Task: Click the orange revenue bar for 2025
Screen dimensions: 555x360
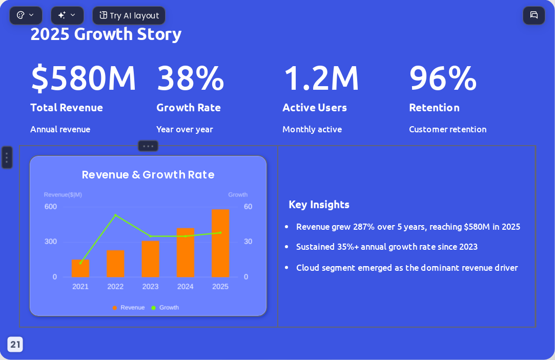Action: pyautogui.click(x=220, y=243)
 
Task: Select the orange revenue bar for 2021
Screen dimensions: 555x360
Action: pyautogui.click(x=80, y=268)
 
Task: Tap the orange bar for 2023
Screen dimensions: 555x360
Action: pyautogui.click(x=151, y=259)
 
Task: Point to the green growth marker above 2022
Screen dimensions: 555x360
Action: pyautogui.click(x=115, y=215)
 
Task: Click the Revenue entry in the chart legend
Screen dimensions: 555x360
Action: pyautogui.click(x=129, y=308)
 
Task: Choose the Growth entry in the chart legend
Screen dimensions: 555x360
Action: pyautogui.click(x=165, y=308)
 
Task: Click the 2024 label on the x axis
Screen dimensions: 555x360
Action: pyautogui.click(x=186, y=287)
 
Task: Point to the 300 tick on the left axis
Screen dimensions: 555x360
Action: pyautogui.click(x=51, y=242)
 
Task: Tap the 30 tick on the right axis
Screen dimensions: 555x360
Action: pyautogui.click(x=248, y=242)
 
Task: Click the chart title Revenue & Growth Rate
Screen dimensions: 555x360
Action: pyautogui.click(x=148, y=175)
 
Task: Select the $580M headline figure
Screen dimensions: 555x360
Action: pyautogui.click(x=84, y=78)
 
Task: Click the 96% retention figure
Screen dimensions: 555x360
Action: pyautogui.click(x=443, y=78)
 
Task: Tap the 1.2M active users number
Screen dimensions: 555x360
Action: pyautogui.click(x=321, y=78)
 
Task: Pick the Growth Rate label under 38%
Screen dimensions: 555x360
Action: pyautogui.click(x=189, y=108)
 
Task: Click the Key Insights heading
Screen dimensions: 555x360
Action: pyautogui.click(x=319, y=205)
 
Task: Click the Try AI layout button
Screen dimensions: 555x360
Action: pyautogui.click(x=129, y=15)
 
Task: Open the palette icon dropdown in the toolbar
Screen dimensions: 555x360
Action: pyautogui.click(x=26, y=15)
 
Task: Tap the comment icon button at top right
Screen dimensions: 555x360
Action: pyautogui.click(x=534, y=15)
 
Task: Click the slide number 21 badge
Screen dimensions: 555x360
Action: pyautogui.click(x=15, y=345)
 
